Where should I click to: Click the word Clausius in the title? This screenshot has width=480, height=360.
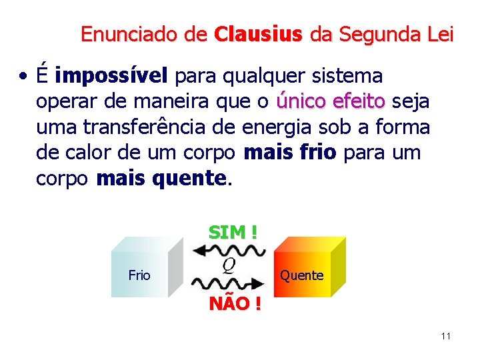click(258, 34)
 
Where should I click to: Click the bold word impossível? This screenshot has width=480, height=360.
click(112, 77)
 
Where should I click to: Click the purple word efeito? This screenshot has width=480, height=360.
click(359, 101)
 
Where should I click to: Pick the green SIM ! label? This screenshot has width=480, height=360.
click(233, 232)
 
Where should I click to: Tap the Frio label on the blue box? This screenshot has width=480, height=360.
click(139, 275)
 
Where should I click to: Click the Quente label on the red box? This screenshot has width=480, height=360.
click(301, 275)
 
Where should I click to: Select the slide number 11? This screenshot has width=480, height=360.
click(445, 335)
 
